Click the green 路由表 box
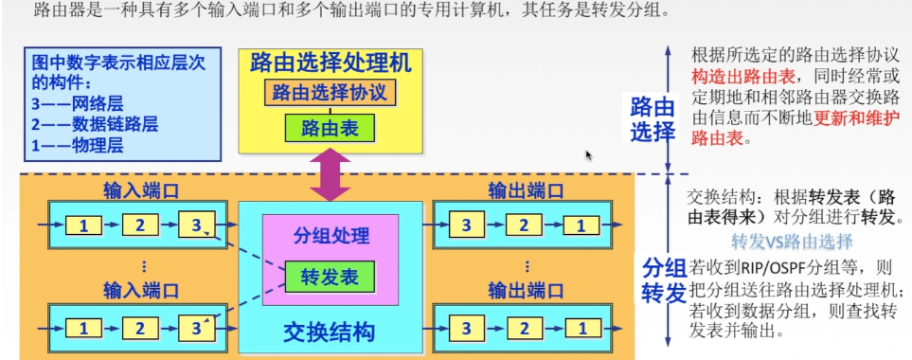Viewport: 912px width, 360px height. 329,127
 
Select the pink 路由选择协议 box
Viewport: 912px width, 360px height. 329,93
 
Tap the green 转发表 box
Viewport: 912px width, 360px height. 329,278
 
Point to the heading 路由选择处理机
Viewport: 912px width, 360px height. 330,63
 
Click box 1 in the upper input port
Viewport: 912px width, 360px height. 84,225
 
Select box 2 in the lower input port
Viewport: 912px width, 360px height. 139,329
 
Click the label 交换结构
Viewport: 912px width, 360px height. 329,333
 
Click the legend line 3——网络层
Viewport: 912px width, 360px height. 78,104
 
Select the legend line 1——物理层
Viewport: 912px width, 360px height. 78,144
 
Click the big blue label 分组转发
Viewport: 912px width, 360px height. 664,279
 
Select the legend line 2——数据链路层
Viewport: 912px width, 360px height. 93,124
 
